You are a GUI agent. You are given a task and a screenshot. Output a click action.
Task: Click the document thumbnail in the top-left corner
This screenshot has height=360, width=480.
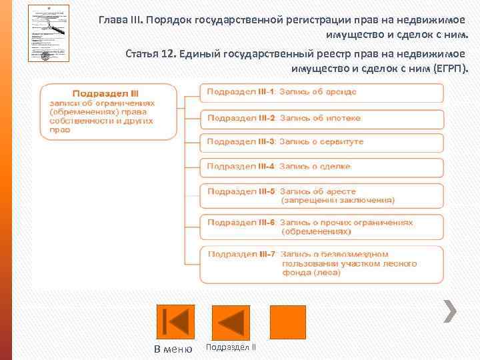(x=49, y=33)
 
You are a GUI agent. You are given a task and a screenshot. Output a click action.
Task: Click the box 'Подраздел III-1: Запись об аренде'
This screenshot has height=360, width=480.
(x=322, y=92)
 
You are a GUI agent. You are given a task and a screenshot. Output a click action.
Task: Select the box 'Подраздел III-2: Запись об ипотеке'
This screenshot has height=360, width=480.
(x=322, y=118)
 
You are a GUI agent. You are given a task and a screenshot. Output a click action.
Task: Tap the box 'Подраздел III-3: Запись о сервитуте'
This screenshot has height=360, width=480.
(x=322, y=142)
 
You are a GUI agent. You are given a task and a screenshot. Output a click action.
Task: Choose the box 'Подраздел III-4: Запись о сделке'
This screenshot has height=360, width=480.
(x=322, y=167)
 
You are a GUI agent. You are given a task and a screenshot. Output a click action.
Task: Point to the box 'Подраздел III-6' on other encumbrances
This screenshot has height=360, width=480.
(x=322, y=227)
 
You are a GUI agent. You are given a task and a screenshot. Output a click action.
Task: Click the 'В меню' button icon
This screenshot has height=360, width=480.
(x=175, y=322)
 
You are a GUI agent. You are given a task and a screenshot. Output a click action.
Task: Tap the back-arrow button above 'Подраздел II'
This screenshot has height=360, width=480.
(x=231, y=322)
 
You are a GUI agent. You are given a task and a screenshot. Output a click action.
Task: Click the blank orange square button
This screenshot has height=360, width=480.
(x=287, y=322)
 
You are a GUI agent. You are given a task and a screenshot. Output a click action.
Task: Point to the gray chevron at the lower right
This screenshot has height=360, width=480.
(x=450, y=309)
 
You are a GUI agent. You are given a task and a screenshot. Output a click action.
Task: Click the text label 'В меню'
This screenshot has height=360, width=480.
(x=173, y=349)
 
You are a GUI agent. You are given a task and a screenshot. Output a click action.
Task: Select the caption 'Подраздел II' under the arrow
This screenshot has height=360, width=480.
(x=231, y=347)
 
